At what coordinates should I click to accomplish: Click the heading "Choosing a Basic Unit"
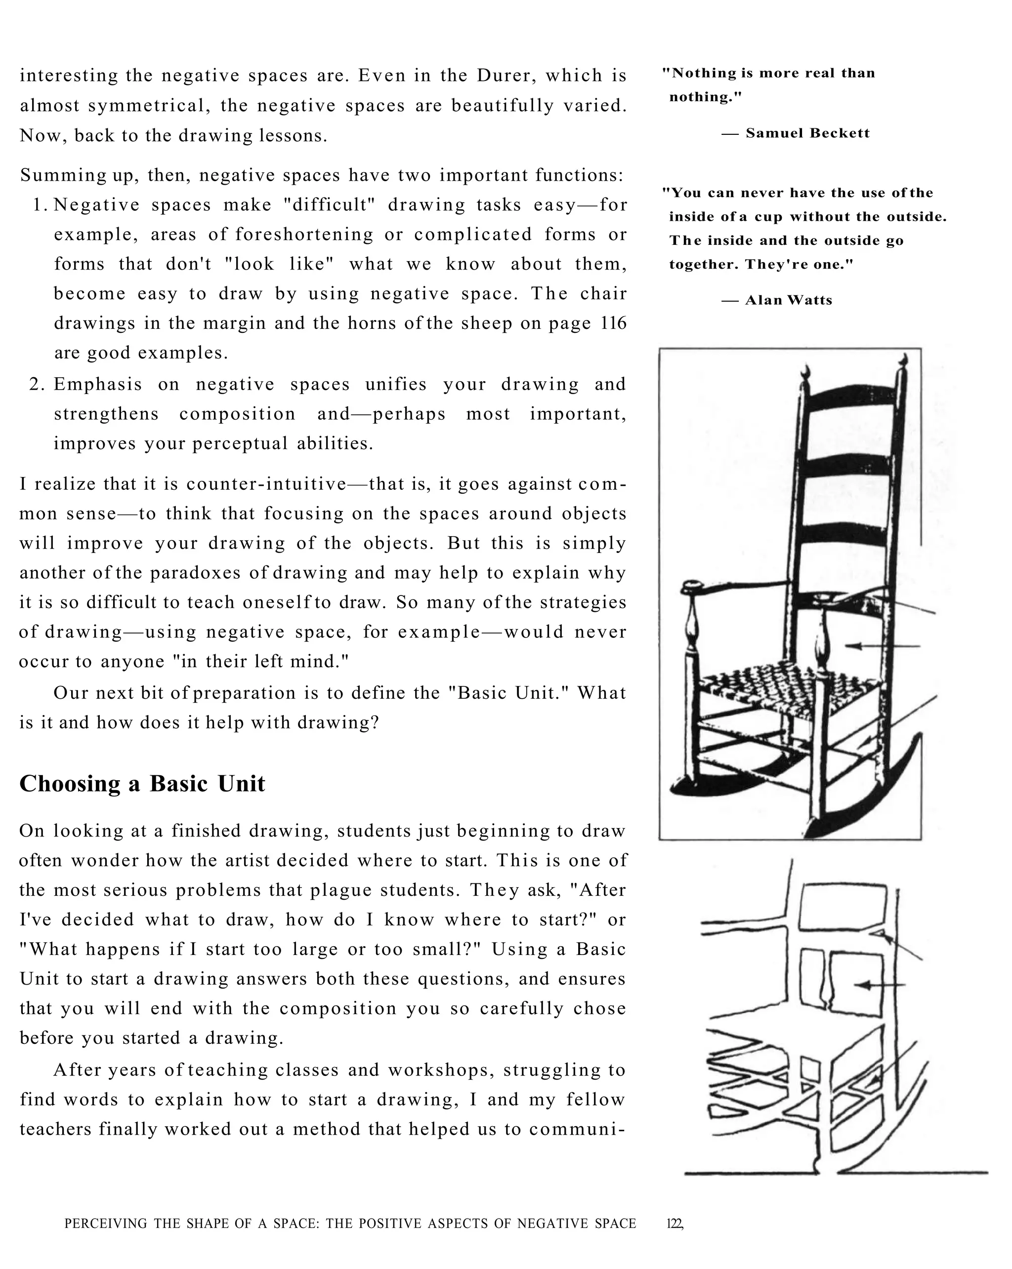click(142, 784)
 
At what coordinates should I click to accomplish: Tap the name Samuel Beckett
click(807, 133)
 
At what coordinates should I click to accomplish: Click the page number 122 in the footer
click(674, 1224)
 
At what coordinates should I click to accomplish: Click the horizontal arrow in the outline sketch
click(880, 985)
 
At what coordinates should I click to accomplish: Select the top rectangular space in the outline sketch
click(843, 907)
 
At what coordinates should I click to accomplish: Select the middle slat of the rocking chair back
click(848, 469)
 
